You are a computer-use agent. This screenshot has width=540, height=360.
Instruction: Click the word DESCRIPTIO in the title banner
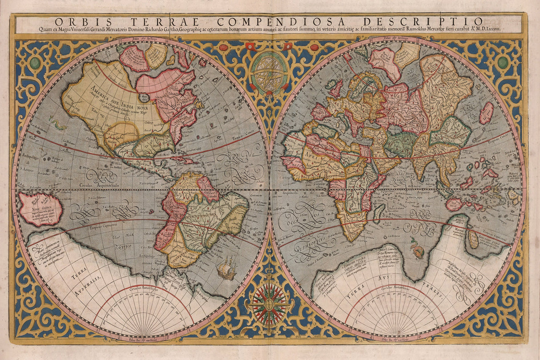point(438,21)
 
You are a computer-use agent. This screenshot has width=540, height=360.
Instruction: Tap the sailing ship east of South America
point(227,268)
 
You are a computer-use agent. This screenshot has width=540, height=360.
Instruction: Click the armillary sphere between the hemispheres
point(269,71)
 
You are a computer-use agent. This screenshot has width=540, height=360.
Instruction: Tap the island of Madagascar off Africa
point(379,212)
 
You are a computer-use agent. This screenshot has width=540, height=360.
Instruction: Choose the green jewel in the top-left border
point(35,63)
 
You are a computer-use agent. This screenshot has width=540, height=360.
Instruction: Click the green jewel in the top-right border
point(503,62)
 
